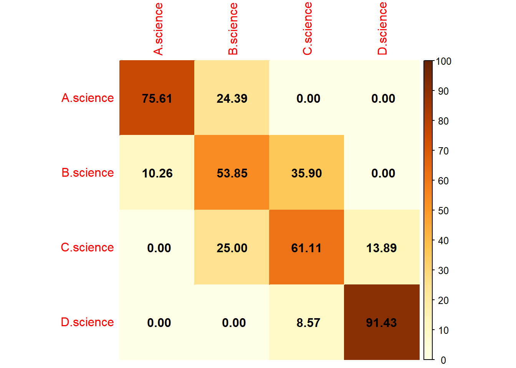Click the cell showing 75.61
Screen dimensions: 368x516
click(157, 98)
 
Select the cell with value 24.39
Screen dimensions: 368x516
click(232, 98)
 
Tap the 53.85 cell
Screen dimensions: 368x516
click(232, 173)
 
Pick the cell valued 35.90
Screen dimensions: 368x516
click(306, 173)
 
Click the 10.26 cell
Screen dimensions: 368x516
click(157, 173)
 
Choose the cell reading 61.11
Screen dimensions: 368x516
click(306, 248)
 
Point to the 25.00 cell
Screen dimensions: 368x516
click(232, 248)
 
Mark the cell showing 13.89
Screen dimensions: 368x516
click(381, 248)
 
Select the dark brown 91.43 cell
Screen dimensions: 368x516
click(381, 322)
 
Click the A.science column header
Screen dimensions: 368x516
click(158, 29)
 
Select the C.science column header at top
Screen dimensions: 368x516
click(308, 29)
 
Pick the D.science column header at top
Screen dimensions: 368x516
click(382, 29)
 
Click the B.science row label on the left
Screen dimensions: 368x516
click(88, 173)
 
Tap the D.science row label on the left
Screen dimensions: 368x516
click(87, 322)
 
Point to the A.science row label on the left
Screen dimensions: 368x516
click(88, 98)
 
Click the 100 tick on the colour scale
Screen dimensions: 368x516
click(443, 61)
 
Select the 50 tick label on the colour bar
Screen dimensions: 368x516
click(443, 211)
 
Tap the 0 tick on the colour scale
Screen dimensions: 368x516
click(443, 360)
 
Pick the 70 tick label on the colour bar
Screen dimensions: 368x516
click(443, 151)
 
